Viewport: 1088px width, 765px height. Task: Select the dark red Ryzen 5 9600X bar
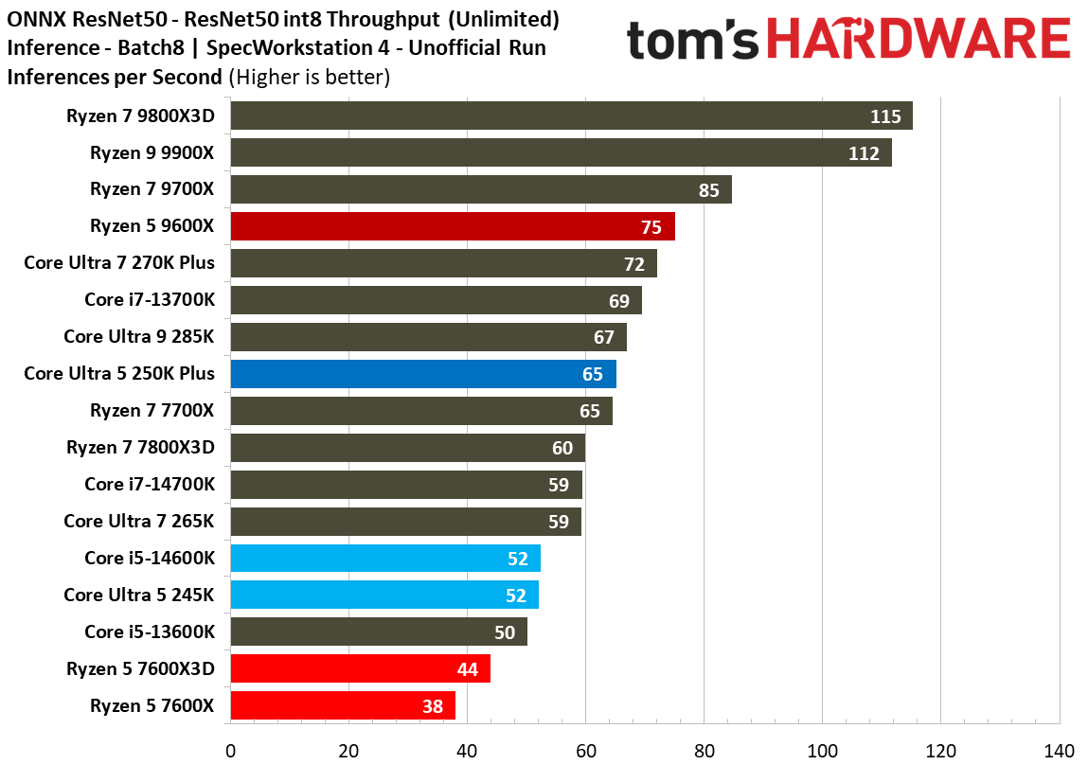pyautogui.click(x=453, y=226)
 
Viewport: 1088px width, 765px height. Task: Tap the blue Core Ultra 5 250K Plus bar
pyautogui.click(x=423, y=374)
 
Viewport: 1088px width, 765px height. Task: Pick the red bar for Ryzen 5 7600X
pyautogui.click(x=343, y=705)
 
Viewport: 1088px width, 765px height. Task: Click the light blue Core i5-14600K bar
pyautogui.click(x=385, y=559)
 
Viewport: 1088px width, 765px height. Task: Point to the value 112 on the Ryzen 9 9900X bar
pyautogui.click(x=864, y=153)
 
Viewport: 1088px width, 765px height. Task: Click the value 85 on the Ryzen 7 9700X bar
pyautogui.click(x=709, y=190)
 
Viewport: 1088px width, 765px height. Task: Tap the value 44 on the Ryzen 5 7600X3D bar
pyautogui.click(x=468, y=668)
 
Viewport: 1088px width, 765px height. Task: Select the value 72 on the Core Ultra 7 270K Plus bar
pyautogui.click(x=633, y=263)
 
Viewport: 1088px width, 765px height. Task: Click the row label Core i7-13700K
pyautogui.click(x=150, y=300)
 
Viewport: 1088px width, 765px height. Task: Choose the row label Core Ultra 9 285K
pyautogui.click(x=139, y=336)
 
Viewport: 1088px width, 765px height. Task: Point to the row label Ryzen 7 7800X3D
pyautogui.click(x=140, y=447)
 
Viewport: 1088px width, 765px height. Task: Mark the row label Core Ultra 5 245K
pyautogui.click(x=139, y=595)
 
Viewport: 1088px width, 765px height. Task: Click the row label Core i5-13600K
pyautogui.click(x=150, y=632)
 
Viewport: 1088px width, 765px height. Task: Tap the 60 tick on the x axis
pyautogui.click(x=585, y=750)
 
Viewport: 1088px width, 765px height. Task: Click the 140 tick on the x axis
pyautogui.click(x=1059, y=750)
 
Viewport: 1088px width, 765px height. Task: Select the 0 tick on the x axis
pyautogui.click(x=230, y=750)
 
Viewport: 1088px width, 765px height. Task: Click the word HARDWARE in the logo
pyautogui.click(x=919, y=40)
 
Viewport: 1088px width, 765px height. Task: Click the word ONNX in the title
pyautogui.click(x=34, y=19)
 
